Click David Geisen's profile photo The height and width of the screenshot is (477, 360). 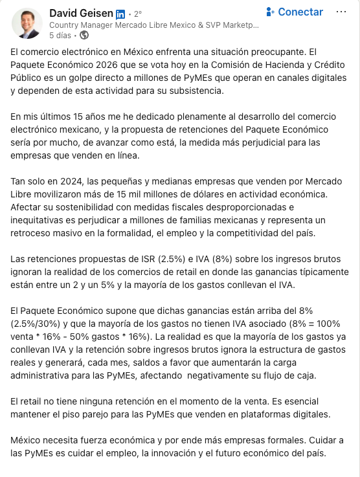click(27, 23)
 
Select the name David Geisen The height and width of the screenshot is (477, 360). click(80, 13)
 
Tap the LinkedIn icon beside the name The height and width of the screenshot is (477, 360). click(120, 14)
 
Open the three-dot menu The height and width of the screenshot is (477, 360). click(341, 12)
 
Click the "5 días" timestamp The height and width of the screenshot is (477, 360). click(60, 36)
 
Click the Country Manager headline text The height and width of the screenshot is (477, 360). click(154, 25)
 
